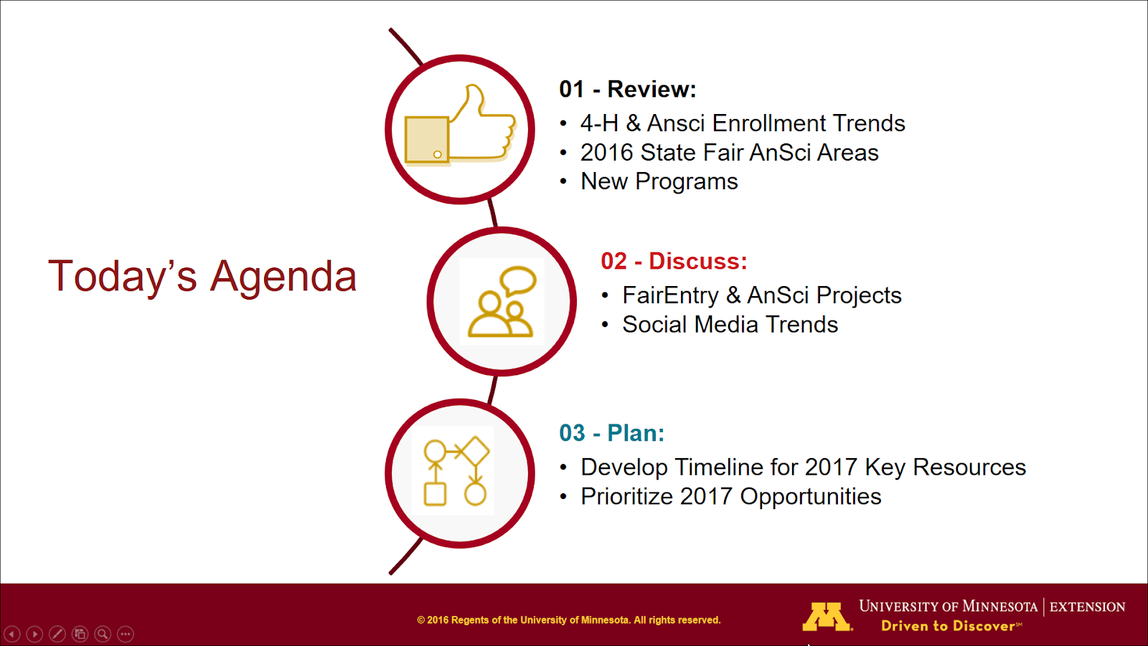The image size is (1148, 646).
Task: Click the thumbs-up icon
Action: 459,125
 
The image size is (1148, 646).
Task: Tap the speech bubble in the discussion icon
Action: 518,280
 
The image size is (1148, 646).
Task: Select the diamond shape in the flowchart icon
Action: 475,451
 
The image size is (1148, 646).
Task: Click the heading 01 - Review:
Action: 627,89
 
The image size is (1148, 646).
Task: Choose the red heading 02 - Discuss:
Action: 674,261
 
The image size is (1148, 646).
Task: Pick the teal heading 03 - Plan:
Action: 611,433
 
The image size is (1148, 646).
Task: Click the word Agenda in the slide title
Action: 283,277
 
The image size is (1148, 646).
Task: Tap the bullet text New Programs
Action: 659,182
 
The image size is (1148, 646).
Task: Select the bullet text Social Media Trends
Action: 730,325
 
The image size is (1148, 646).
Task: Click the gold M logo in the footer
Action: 827,617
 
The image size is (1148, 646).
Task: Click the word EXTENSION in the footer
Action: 1087,607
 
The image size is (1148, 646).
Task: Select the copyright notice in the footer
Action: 569,620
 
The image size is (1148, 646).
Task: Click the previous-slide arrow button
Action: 11,635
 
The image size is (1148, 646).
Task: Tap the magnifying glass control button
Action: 103,635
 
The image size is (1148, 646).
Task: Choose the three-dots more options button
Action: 126,635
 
